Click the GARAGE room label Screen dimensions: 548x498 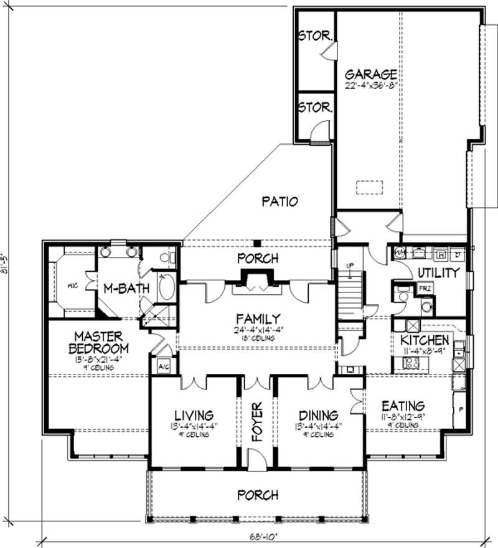372,72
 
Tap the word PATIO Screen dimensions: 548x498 280,201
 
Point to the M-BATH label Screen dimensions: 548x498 120,287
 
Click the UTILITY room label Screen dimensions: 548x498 438,272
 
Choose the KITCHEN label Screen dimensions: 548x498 425,340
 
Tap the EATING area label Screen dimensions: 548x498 403,405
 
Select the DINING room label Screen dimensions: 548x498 318,415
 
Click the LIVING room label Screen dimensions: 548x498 194,415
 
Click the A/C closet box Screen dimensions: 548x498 165,367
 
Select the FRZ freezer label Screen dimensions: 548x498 424,289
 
